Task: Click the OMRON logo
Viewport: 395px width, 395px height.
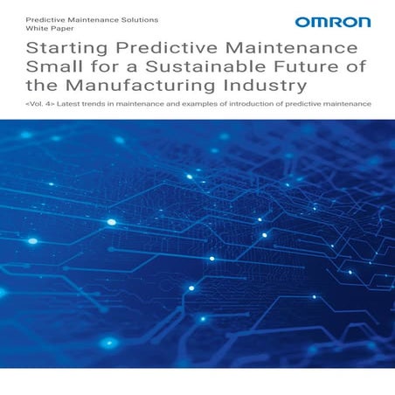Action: click(332, 22)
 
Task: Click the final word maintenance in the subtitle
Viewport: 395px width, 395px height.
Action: click(350, 105)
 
